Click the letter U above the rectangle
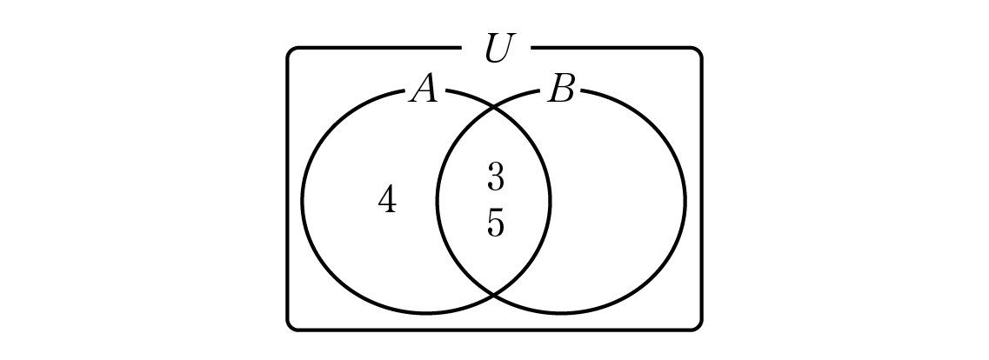[498, 48]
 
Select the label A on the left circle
[424, 88]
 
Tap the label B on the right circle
[561, 89]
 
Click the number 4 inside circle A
[387, 199]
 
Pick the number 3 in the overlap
[496, 177]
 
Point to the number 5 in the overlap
[496, 223]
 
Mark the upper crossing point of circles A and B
[493, 110]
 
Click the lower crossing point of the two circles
[493, 294]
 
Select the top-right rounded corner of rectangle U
[697, 51]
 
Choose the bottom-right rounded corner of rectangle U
[697, 325]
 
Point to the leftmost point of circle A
[303, 202]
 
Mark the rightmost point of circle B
[685, 202]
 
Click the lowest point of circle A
[426, 313]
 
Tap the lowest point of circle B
[561, 313]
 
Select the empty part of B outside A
[618, 202]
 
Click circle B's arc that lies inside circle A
[438, 202]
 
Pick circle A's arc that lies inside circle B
[550, 202]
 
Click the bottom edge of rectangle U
[494, 329]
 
